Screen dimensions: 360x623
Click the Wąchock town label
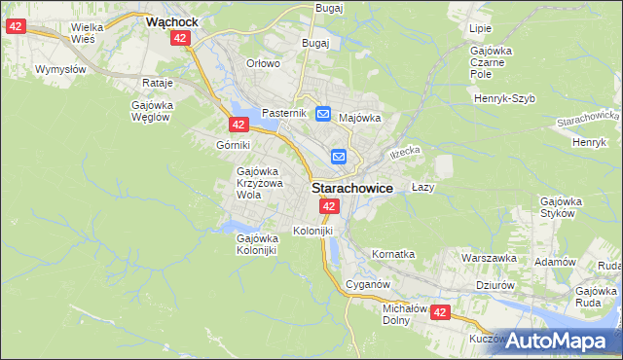pyautogui.click(x=172, y=19)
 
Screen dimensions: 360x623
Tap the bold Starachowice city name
pyautogui.click(x=351, y=189)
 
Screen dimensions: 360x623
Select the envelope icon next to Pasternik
pyautogui.click(x=323, y=113)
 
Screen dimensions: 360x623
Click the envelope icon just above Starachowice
pyautogui.click(x=339, y=156)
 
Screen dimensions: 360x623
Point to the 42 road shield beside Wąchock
pyautogui.click(x=179, y=38)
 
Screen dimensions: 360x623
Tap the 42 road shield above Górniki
pyautogui.click(x=239, y=125)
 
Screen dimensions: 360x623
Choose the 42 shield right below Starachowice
pyautogui.click(x=329, y=206)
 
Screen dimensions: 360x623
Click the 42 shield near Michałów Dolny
pyautogui.click(x=440, y=312)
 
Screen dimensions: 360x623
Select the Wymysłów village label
pyautogui.click(x=60, y=70)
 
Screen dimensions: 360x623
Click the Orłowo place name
pyautogui.click(x=263, y=63)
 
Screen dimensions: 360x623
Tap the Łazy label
pyautogui.click(x=422, y=186)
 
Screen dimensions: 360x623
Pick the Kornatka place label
pyautogui.click(x=393, y=254)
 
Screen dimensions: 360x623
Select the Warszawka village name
pyautogui.click(x=489, y=259)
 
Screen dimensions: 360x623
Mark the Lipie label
pyautogui.click(x=480, y=28)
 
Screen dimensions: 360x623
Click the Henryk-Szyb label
pyautogui.click(x=506, y=98)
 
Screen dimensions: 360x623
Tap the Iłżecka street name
pyautogui.click(x=404, y=152)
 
